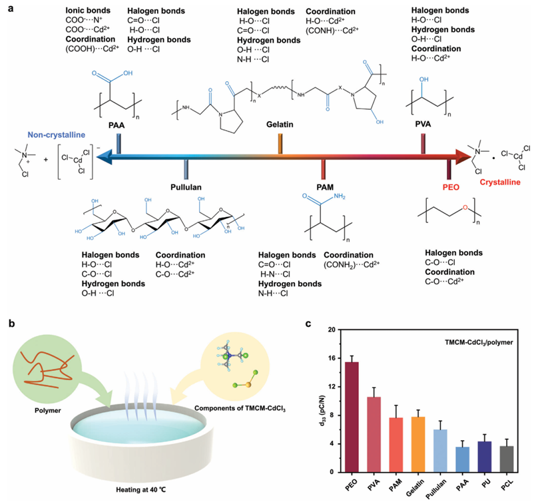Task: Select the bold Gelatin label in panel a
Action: [280, 125]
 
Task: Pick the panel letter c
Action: [308, 324]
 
